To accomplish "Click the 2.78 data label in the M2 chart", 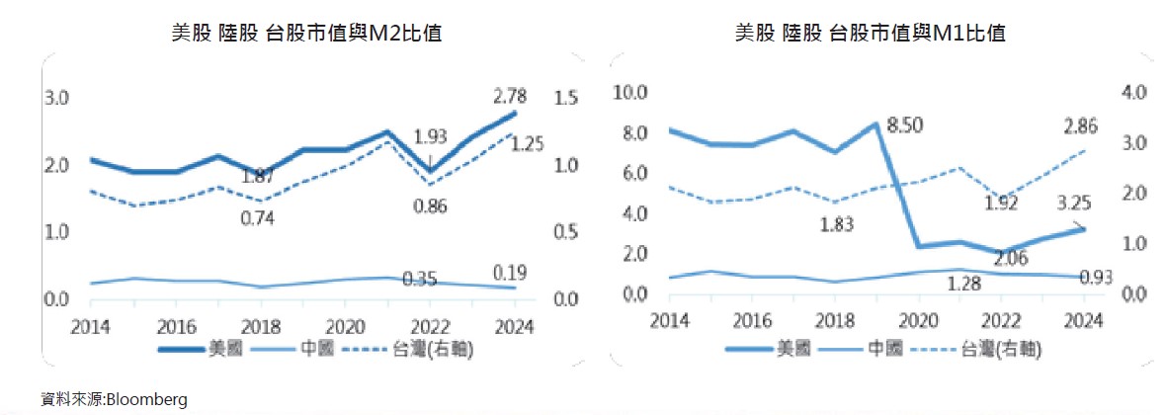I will [510, 97].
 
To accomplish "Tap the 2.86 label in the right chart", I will [1080, 125].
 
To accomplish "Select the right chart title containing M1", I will [870, 34].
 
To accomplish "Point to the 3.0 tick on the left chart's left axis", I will [56, 99].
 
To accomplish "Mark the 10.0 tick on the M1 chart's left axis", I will [629, 93].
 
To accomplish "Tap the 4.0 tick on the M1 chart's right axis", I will [1131, 93].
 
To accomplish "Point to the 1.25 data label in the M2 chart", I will [527, 144].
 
